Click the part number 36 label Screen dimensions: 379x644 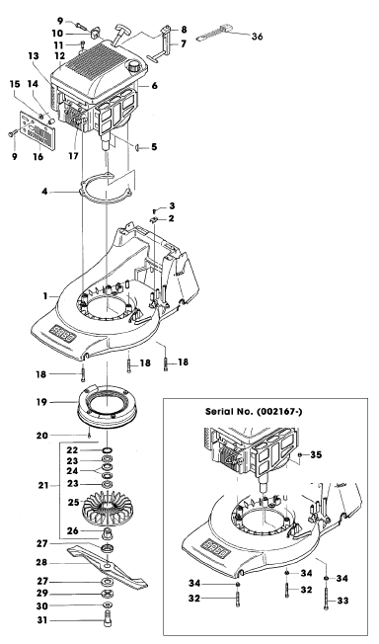(x=257, y=37)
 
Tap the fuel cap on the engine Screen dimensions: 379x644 (x=134, y=66)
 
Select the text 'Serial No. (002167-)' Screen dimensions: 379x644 (x=254, y=412)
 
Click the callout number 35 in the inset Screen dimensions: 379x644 (x=316, y=454)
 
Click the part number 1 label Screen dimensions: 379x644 (x=45, y=295)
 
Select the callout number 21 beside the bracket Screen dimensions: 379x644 (x=43, y=485)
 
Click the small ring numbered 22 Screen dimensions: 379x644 (x=108, y=450)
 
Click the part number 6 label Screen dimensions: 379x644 (x=154, y=85)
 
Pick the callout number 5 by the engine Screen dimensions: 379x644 (x=154, y=146)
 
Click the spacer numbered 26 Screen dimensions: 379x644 (x=108, y=532)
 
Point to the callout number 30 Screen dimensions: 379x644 (x=42, y=606)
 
